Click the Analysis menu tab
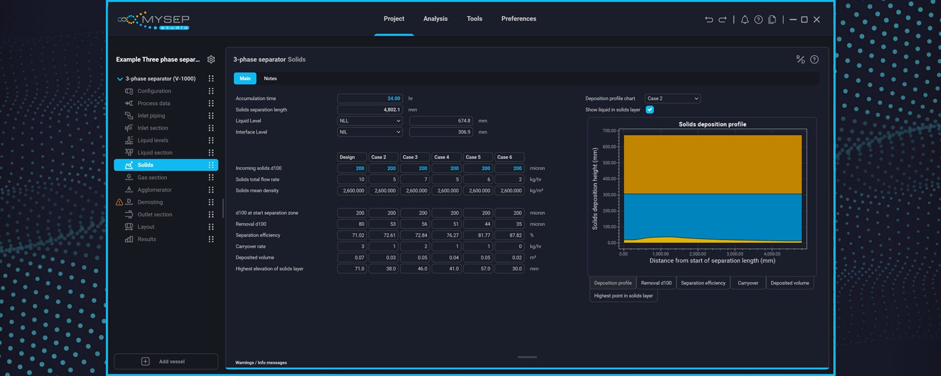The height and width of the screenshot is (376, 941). [435, 19]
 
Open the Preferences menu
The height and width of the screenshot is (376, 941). [519, 19]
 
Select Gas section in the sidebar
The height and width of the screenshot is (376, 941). [152, 177]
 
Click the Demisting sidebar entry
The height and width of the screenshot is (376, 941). [150, 202]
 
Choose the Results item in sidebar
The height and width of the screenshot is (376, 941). [147, 239]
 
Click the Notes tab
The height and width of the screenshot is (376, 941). [270, 78]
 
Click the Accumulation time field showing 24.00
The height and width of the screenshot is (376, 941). [370, 98]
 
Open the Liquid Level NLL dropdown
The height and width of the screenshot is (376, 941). [370, 121]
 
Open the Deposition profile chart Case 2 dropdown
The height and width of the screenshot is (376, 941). [672, 98]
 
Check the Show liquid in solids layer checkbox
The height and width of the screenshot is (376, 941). [649, 110]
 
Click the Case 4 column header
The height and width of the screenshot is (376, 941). [446, 157]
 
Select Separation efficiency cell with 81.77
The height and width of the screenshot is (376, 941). [478, 235]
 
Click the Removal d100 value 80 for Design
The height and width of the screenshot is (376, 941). [352, 224]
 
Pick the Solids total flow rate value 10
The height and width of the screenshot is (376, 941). [352, 180]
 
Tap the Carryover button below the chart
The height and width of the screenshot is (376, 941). [747, 283]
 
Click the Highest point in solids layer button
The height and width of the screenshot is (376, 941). [623, 296]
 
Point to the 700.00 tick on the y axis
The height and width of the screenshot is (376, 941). [609, 131]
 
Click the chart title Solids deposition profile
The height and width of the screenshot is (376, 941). [712, 124]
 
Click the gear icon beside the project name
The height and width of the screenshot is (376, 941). [211, 59]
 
